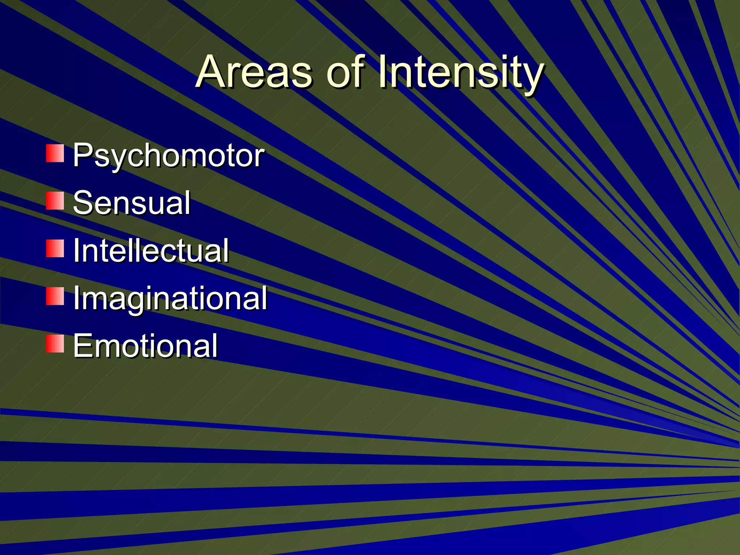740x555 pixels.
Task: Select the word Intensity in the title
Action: point(460,72)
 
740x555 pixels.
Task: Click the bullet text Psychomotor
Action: point(169,156)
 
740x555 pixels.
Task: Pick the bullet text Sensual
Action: point(132,203)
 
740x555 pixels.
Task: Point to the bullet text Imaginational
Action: point(170,298)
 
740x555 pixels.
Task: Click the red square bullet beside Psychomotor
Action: point(55,153)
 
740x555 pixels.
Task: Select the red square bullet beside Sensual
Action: point(55,201)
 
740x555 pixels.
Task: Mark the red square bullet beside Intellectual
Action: point(55,248)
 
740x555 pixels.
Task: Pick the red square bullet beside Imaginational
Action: point(55,296)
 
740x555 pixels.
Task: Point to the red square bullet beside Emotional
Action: point(55,343)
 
